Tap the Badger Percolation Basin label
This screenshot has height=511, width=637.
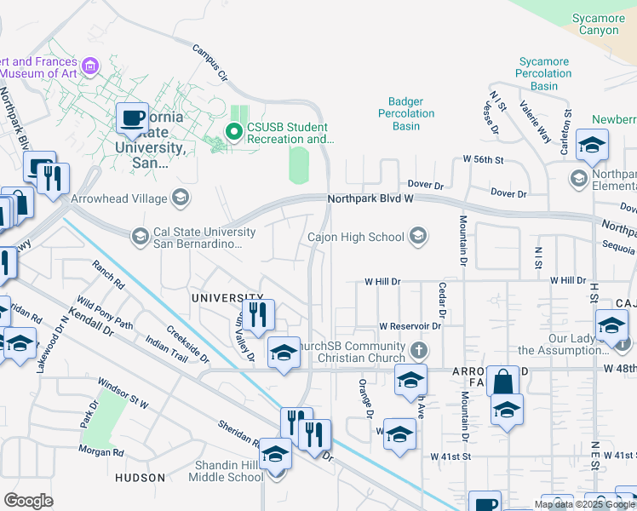pos(406,113)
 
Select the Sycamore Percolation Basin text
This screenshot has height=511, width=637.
pos(543,73)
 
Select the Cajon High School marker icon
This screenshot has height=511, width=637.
pos(417,237)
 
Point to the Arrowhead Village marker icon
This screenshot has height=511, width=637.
pos(180,198)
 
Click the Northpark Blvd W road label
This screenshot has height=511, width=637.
pos(370,200)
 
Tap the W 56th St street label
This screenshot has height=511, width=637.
pos(484,159)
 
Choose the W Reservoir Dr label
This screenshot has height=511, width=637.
pos(410,326)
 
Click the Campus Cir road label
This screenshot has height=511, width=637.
pos(211,64)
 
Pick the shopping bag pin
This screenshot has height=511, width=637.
pos(503,381)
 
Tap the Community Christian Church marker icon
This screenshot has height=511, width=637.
pos(417,350)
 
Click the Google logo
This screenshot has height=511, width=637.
pos(28,500)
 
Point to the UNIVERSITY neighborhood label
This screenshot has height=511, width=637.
pos(223,297)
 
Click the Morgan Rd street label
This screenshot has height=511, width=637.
pos(101,451)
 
